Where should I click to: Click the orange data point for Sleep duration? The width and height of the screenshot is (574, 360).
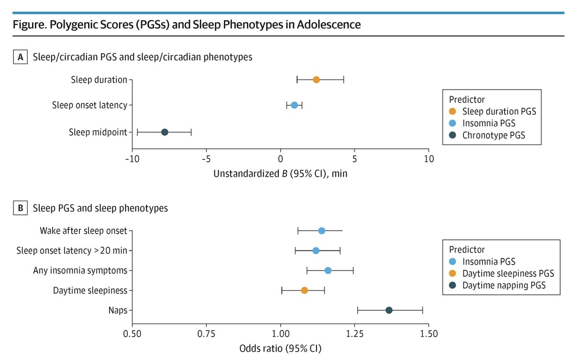pyautogui.click(x=316, y=79)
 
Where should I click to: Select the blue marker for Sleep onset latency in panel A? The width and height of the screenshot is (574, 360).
pyautogui.click(x=294, y=105)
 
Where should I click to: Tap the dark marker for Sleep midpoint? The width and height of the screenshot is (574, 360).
pyautogui.click(x=165, y=132)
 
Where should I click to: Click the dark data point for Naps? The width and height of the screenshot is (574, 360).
pyautogui.click(x=389, y=310)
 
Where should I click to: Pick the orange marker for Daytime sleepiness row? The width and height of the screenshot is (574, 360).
pyautogui.click(x=304, y=290)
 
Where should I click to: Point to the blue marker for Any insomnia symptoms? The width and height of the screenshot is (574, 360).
pyautogui.click(x=328, y=270)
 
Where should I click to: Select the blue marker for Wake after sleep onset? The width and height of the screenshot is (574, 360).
pyautogui.click(x=321, y=231)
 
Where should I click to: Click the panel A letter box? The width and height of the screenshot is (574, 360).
pyautogui.click(x=21, y=57)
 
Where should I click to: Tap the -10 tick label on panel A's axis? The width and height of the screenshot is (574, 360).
pyautogui.click(x=132, y=158)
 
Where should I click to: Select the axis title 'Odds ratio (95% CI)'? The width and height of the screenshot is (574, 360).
pyautogui.click(x=280, y=349)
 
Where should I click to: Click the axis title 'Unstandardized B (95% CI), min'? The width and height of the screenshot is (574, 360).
pyautogui.click(x=280, y=174)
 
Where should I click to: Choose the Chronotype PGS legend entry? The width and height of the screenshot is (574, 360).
pyautogui.click(x=487, y=135)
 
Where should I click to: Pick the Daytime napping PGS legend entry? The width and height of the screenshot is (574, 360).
pyautogui.click(x=497, y=285)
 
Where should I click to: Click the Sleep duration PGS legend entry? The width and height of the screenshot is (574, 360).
pyautogui.click(x=493, y=112)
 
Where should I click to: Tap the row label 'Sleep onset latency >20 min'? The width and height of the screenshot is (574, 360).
pyautogui.click(x=72, y=250)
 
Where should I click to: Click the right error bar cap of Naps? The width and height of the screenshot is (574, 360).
pyautogui.click(x=422, y=310)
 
